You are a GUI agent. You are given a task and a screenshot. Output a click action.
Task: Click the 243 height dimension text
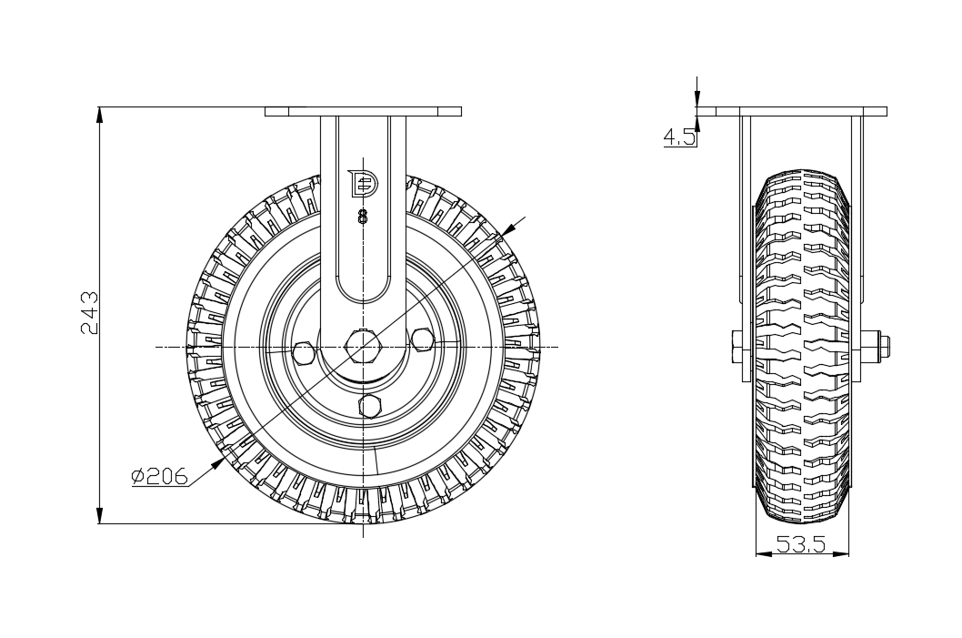pos(89,313)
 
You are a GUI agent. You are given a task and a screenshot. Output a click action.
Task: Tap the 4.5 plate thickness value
pos(679,137)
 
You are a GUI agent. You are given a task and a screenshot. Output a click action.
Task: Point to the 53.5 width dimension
pos(800,545)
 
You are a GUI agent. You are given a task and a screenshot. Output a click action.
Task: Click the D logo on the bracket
pos(363,183)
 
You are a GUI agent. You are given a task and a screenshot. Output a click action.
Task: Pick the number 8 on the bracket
pos(363,217)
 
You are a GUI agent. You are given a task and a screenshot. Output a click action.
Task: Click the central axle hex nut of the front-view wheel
pos(363,347)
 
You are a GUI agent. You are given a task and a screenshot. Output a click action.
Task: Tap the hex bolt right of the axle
pos(422,339)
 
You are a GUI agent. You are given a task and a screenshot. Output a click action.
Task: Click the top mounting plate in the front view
pos(363,112)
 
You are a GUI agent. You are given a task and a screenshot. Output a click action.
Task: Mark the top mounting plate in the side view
pos(791,112)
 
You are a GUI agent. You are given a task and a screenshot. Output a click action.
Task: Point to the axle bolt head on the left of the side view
pos(735,347)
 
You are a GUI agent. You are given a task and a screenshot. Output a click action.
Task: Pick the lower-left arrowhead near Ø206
pos(220,461)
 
